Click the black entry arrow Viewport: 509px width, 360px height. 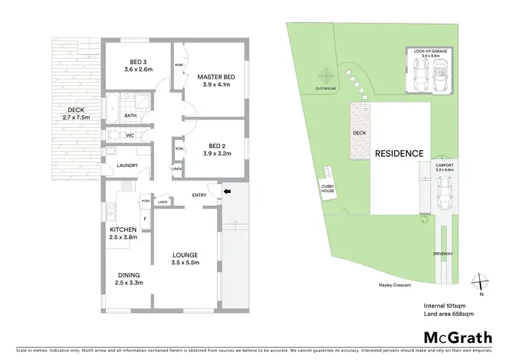pyautogui.click(x=227, y=192)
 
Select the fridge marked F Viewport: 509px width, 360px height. pyautogui.click(x=144, y=218)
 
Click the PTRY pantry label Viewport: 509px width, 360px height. pyautogui.click(x=145, y=201)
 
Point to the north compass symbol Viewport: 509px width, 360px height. pyautogui.click(x=480, y=281)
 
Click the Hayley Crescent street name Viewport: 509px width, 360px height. pyautogui.click(x=396, y=286)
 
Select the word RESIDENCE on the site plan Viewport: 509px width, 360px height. pyautogui.click(x=400, y=154)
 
